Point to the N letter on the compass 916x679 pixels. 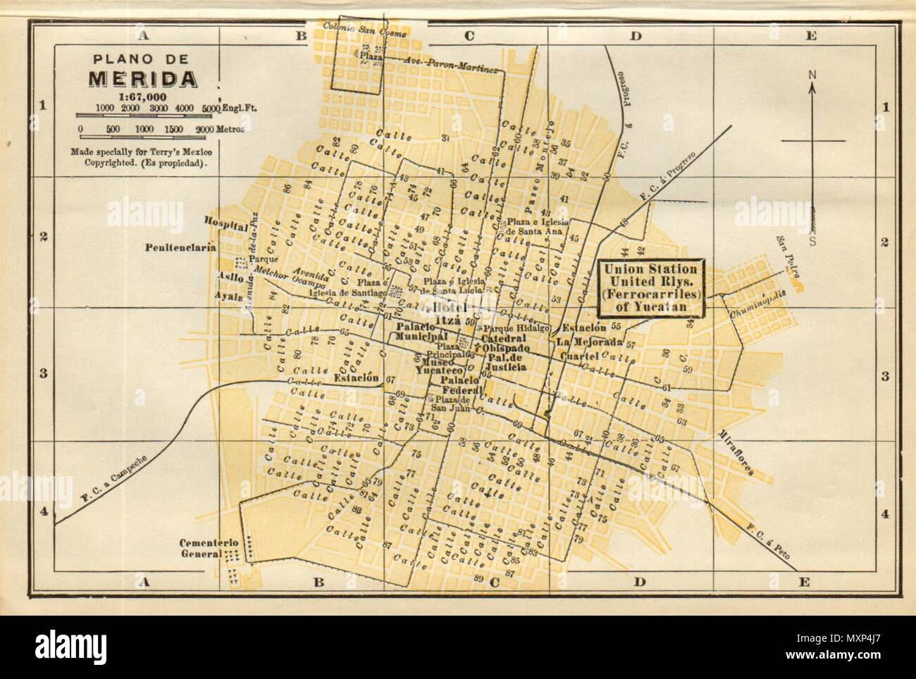(812, 74)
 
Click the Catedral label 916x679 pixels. (501, 339)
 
